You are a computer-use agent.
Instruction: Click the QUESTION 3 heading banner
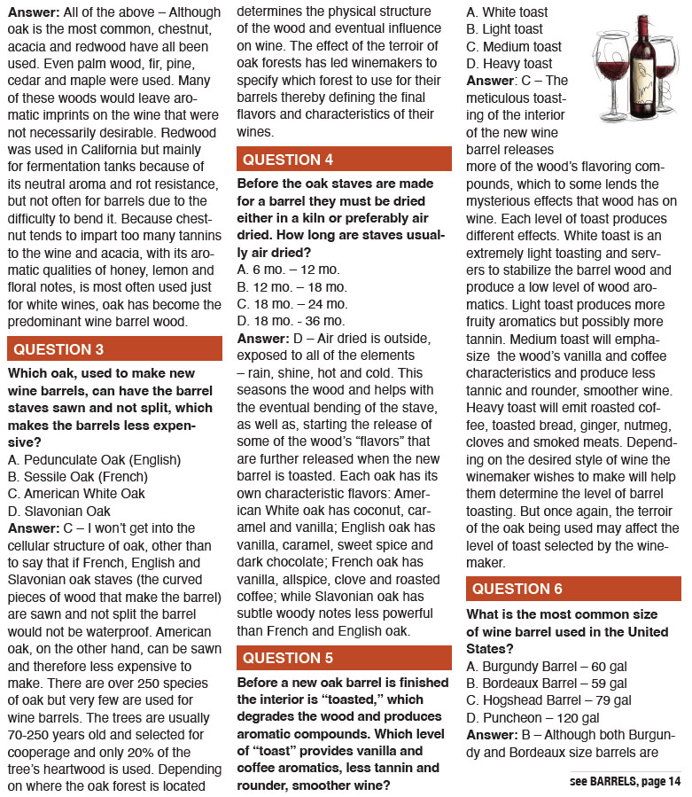tap(114, 348)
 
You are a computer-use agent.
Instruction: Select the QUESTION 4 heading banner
tap(344, 160)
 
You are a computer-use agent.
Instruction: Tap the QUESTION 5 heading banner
tap(344, 658)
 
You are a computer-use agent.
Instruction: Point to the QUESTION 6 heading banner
tap(573, 589)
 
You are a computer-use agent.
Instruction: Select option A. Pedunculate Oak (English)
tap(94, 460)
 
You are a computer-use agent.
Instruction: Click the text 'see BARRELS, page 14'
tap(625, 781)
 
